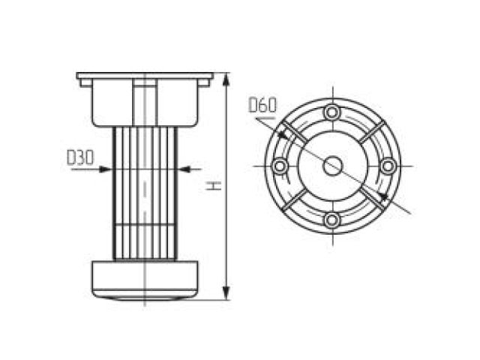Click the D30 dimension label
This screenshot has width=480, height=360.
coord(80,158)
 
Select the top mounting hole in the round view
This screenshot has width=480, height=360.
coord(331,112)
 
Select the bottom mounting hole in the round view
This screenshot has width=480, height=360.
coord(331,220)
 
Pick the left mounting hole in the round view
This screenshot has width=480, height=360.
coord(278,166)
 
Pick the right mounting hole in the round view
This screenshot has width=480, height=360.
coord(386,166)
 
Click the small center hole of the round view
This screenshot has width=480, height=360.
coord(331,166)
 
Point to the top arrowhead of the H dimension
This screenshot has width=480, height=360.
coord(226,77)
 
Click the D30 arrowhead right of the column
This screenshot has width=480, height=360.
coord(182,169)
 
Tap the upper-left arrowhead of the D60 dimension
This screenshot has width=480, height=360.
coord(281,133)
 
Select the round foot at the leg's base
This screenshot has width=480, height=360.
coord(145,278)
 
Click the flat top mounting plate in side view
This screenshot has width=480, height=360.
coord(145,76)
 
